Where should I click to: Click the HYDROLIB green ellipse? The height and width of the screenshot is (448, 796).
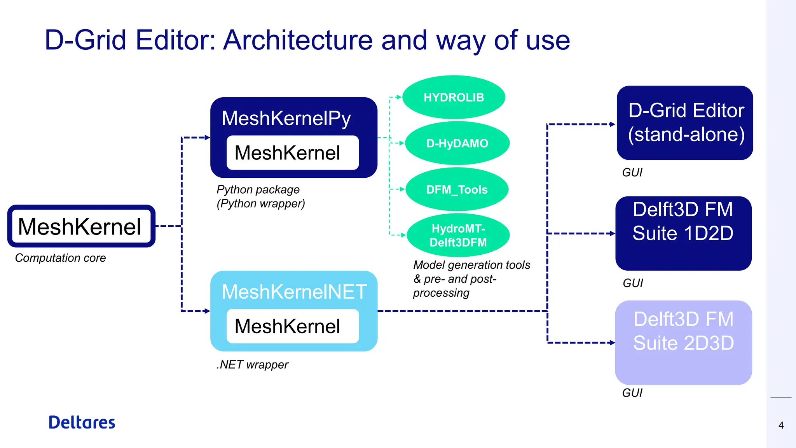(454, 97)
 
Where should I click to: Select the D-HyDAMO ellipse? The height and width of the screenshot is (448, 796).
(457, 143)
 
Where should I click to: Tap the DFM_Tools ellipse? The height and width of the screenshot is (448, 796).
(457, 189)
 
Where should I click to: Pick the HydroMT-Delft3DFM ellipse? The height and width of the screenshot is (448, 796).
(458, 235)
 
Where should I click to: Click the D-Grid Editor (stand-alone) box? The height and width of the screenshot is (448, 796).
(685, 122)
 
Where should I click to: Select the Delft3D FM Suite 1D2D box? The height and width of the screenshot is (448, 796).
(683, 233)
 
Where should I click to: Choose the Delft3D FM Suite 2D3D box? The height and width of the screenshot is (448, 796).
(683, 342)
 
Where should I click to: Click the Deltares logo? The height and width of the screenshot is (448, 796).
(82, 422)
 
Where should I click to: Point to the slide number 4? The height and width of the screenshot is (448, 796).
(781, 425)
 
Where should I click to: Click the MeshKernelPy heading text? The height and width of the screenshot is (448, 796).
(286, 118)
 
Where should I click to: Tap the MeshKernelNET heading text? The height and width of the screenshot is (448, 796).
(294, 292)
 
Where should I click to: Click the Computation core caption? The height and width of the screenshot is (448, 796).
(60, 258)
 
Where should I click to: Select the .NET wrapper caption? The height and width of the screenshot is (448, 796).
(252, 364)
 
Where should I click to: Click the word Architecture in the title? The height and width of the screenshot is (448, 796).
(298, 40)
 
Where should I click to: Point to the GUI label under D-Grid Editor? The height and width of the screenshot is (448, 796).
(632, 172)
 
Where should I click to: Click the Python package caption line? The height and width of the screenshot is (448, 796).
(258, 189)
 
